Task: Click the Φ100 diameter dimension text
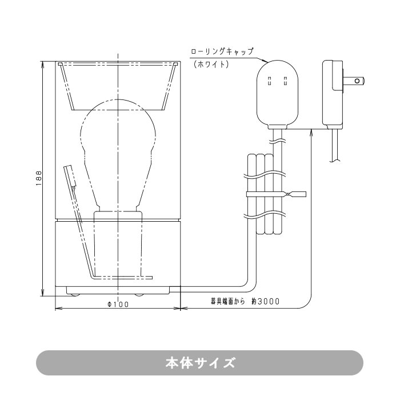(118, 303)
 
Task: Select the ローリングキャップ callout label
(222, 51)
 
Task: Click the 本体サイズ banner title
(199, 363)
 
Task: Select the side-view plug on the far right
(333, 93)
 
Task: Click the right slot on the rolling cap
(286, 82)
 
